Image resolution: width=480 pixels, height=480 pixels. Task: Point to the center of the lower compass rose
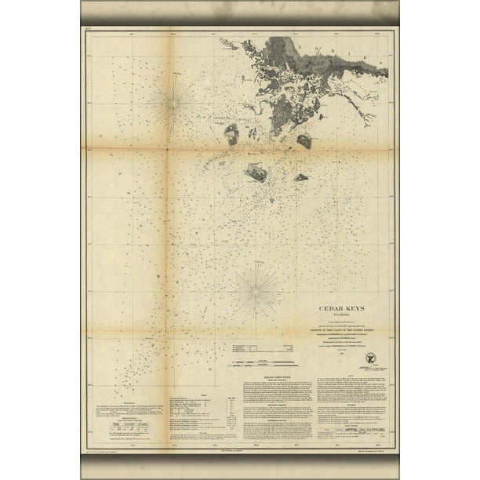click(x=256, y=291)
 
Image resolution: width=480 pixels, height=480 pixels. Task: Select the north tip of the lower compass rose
click(x=256, y=262)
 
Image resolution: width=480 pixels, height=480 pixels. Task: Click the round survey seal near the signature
click(x=370, y=358)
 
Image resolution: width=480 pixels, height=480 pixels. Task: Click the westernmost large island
click(x=231, y=133)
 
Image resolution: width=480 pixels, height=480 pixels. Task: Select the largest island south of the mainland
click(x=256, y=171)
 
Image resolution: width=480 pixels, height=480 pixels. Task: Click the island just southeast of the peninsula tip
click(x=304, y=141)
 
